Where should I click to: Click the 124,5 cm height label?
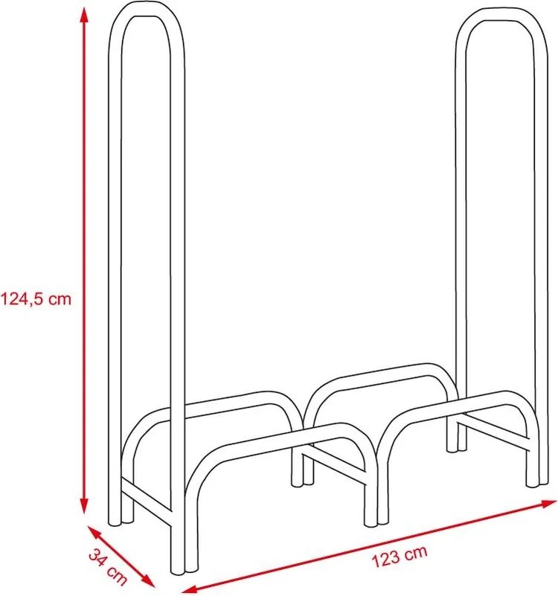[36, 299]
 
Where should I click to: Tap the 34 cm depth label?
[108, 566]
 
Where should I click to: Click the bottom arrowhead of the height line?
[84, 504]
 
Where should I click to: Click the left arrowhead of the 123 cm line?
[189, 589]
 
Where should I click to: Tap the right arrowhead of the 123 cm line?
[548, 504]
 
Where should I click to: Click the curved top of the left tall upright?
[147, 11]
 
